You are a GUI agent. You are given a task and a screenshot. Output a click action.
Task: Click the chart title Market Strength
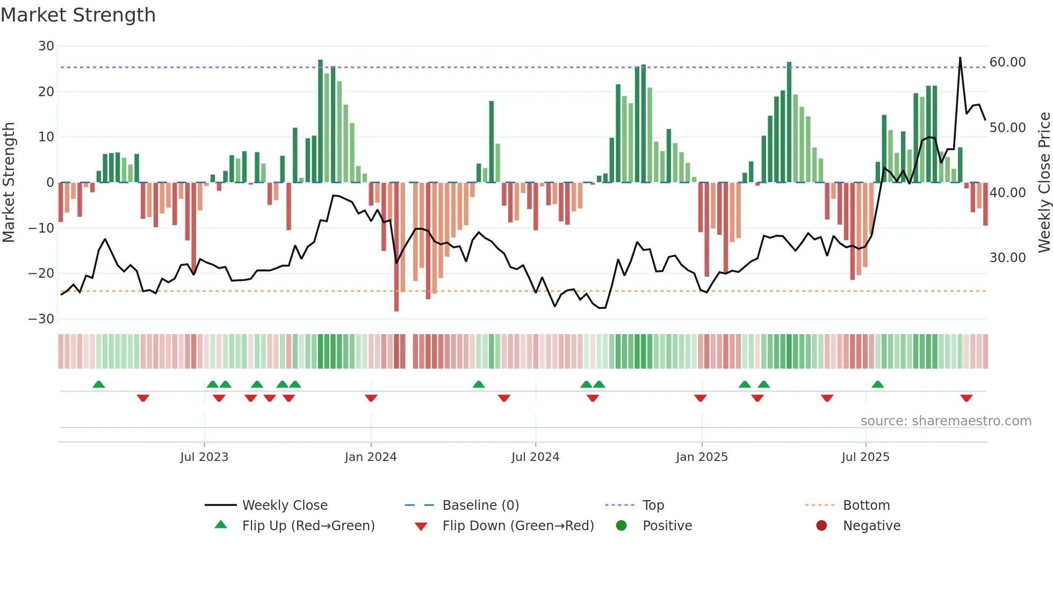(x=78, y=15)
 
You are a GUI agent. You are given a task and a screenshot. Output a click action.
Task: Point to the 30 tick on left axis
(x=46, y=46)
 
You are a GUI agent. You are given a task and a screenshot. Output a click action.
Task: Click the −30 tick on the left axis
(x=41, y=319)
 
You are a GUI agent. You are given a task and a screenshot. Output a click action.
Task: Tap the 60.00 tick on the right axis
(x=1007, y=62)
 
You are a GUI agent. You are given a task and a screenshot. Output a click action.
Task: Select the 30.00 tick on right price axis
(x=1007, y=258)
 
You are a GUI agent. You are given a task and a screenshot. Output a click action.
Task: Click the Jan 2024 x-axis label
(x=371, y=457)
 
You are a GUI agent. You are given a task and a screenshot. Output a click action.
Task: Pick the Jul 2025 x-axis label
(x=866, y=457)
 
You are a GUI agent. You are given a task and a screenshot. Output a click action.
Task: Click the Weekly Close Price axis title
(x=1044, y=183)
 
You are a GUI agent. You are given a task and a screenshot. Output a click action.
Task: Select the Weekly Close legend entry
(x=284, y=506)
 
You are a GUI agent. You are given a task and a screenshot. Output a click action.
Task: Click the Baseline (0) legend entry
(x=480, y=506)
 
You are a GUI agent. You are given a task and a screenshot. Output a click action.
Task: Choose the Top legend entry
(x=653, y=506)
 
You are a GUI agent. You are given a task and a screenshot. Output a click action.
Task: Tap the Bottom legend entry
(x=866, y=506)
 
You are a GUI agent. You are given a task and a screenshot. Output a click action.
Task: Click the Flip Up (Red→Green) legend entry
(x=308, y=526)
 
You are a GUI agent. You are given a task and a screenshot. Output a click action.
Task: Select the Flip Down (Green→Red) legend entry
(x=518, y=526)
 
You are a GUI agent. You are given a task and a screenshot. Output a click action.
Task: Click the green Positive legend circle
(x=622, y=526)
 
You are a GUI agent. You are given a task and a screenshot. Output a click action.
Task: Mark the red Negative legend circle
(x=821, y=526)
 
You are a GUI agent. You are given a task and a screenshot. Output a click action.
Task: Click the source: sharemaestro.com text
(x=946, y=421)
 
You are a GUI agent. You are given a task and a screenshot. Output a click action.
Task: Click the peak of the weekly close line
(x=960, y=57)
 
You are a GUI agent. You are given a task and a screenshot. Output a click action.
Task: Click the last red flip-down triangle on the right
(x=967, y=398)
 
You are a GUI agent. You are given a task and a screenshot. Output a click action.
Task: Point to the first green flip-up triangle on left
(x=98, y=384)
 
